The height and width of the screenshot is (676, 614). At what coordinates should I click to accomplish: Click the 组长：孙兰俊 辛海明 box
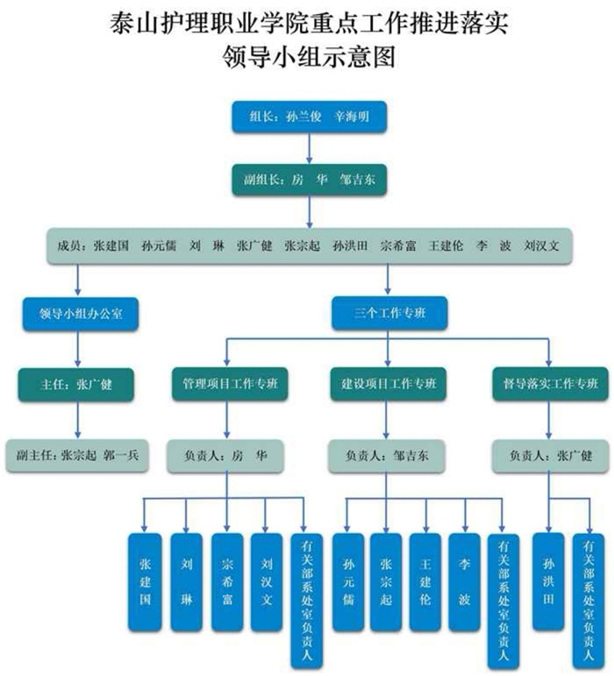[x=309, y=117]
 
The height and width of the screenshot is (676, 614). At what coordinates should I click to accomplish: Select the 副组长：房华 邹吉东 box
[x=309, y=179]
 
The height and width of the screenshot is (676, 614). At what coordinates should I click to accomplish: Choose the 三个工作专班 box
[x=389, y=313]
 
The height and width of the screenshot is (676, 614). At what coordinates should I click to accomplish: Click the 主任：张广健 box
[x=76, y=384]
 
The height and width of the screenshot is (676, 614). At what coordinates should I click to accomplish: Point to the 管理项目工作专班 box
[x=228, y=384]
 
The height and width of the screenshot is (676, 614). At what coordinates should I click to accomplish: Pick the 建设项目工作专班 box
[x=389, y=384]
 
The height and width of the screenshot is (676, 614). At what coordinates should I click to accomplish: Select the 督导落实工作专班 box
[x=550, y=384]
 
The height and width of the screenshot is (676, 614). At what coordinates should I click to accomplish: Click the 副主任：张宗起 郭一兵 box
[x=77, y=456]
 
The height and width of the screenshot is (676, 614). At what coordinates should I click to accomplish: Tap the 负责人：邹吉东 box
[x=388, y=456]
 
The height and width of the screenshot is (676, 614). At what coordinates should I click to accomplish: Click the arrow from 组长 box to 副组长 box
[x=309, y=147]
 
